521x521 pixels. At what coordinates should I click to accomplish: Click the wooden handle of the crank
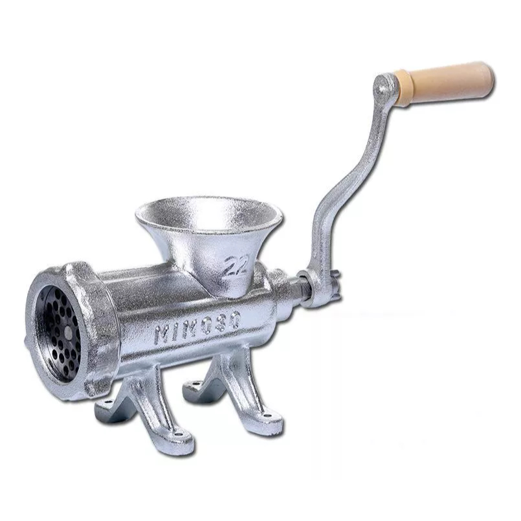(x=445, y=83)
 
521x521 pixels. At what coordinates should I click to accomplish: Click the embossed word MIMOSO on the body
(x=198, y=327)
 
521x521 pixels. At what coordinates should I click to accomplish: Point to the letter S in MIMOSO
(x=221, y=322)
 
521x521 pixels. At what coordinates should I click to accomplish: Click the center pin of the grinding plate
(x=69, y=332)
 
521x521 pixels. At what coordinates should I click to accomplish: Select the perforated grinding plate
(x=59, y=334)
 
